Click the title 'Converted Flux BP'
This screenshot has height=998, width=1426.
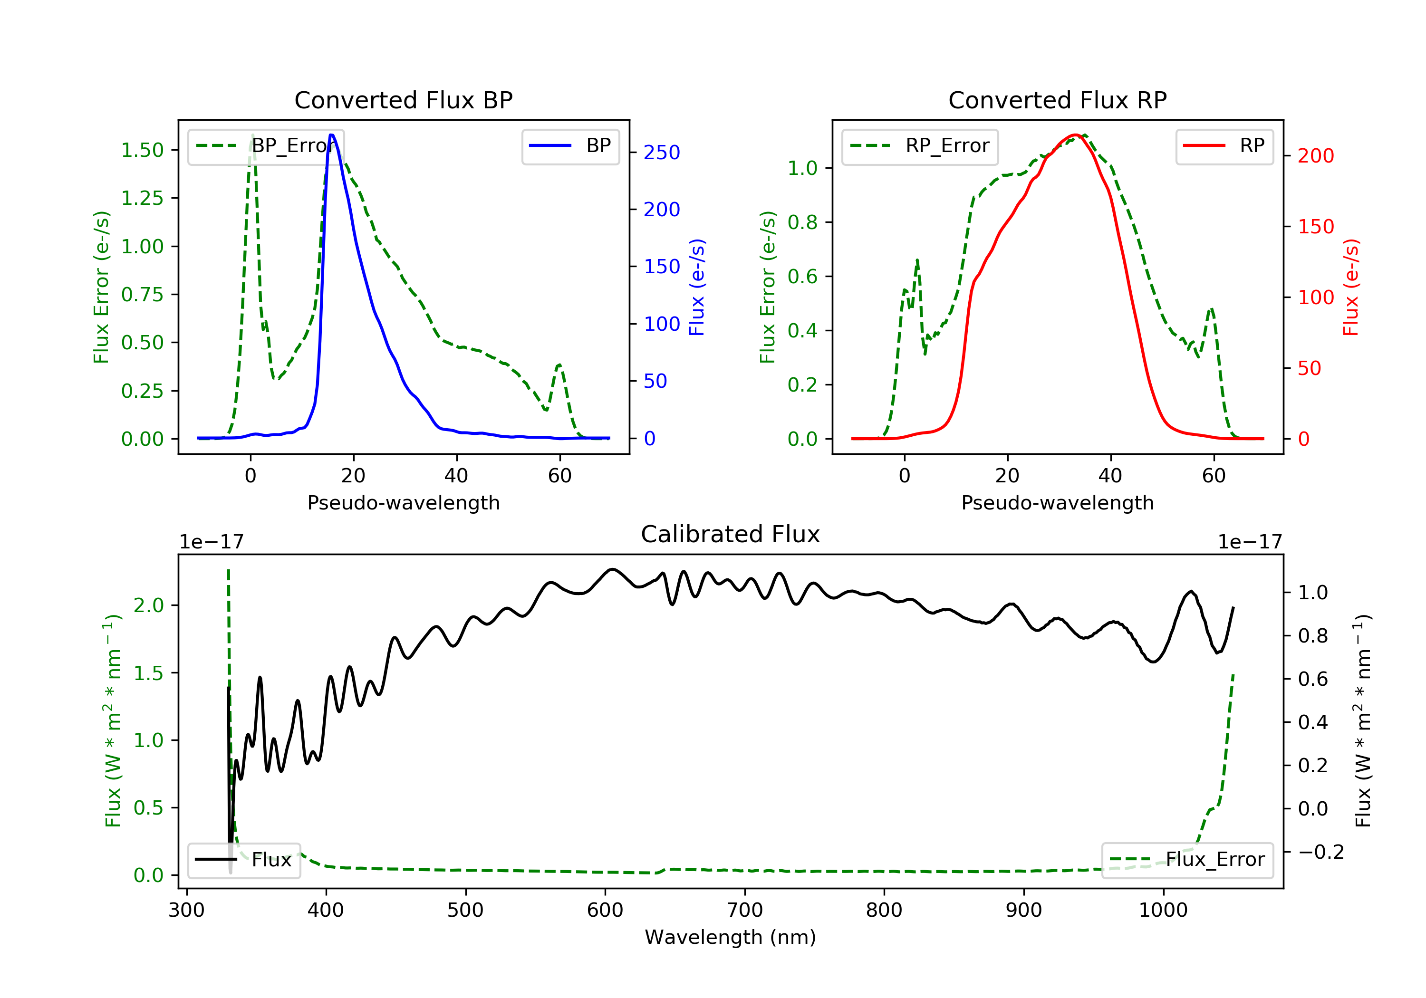tap(404, 100)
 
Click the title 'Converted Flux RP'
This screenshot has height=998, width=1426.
tap(1058, 100)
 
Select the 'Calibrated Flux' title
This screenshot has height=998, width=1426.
tap(731, 534)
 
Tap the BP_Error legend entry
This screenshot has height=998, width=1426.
tap(266, 146)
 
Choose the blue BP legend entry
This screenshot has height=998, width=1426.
tap(570, 146)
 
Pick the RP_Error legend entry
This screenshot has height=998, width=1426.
tap(920, 146)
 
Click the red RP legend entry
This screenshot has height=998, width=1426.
tap(1224, 146)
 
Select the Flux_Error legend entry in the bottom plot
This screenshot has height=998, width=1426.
tap(1187, 860)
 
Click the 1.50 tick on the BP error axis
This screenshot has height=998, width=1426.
tap(142, 150)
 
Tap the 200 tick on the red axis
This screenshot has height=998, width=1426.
tap(1315, 156)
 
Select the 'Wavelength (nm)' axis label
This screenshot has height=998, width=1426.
tap(731, 937)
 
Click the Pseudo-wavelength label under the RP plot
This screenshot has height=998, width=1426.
tap(1058, 503)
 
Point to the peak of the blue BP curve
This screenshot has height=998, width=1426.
tap(332, 135)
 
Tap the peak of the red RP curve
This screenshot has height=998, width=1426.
tap(1075, 135)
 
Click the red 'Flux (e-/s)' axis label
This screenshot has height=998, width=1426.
tap(1351, 288)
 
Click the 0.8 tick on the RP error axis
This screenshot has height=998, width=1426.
tap(802, 222)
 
